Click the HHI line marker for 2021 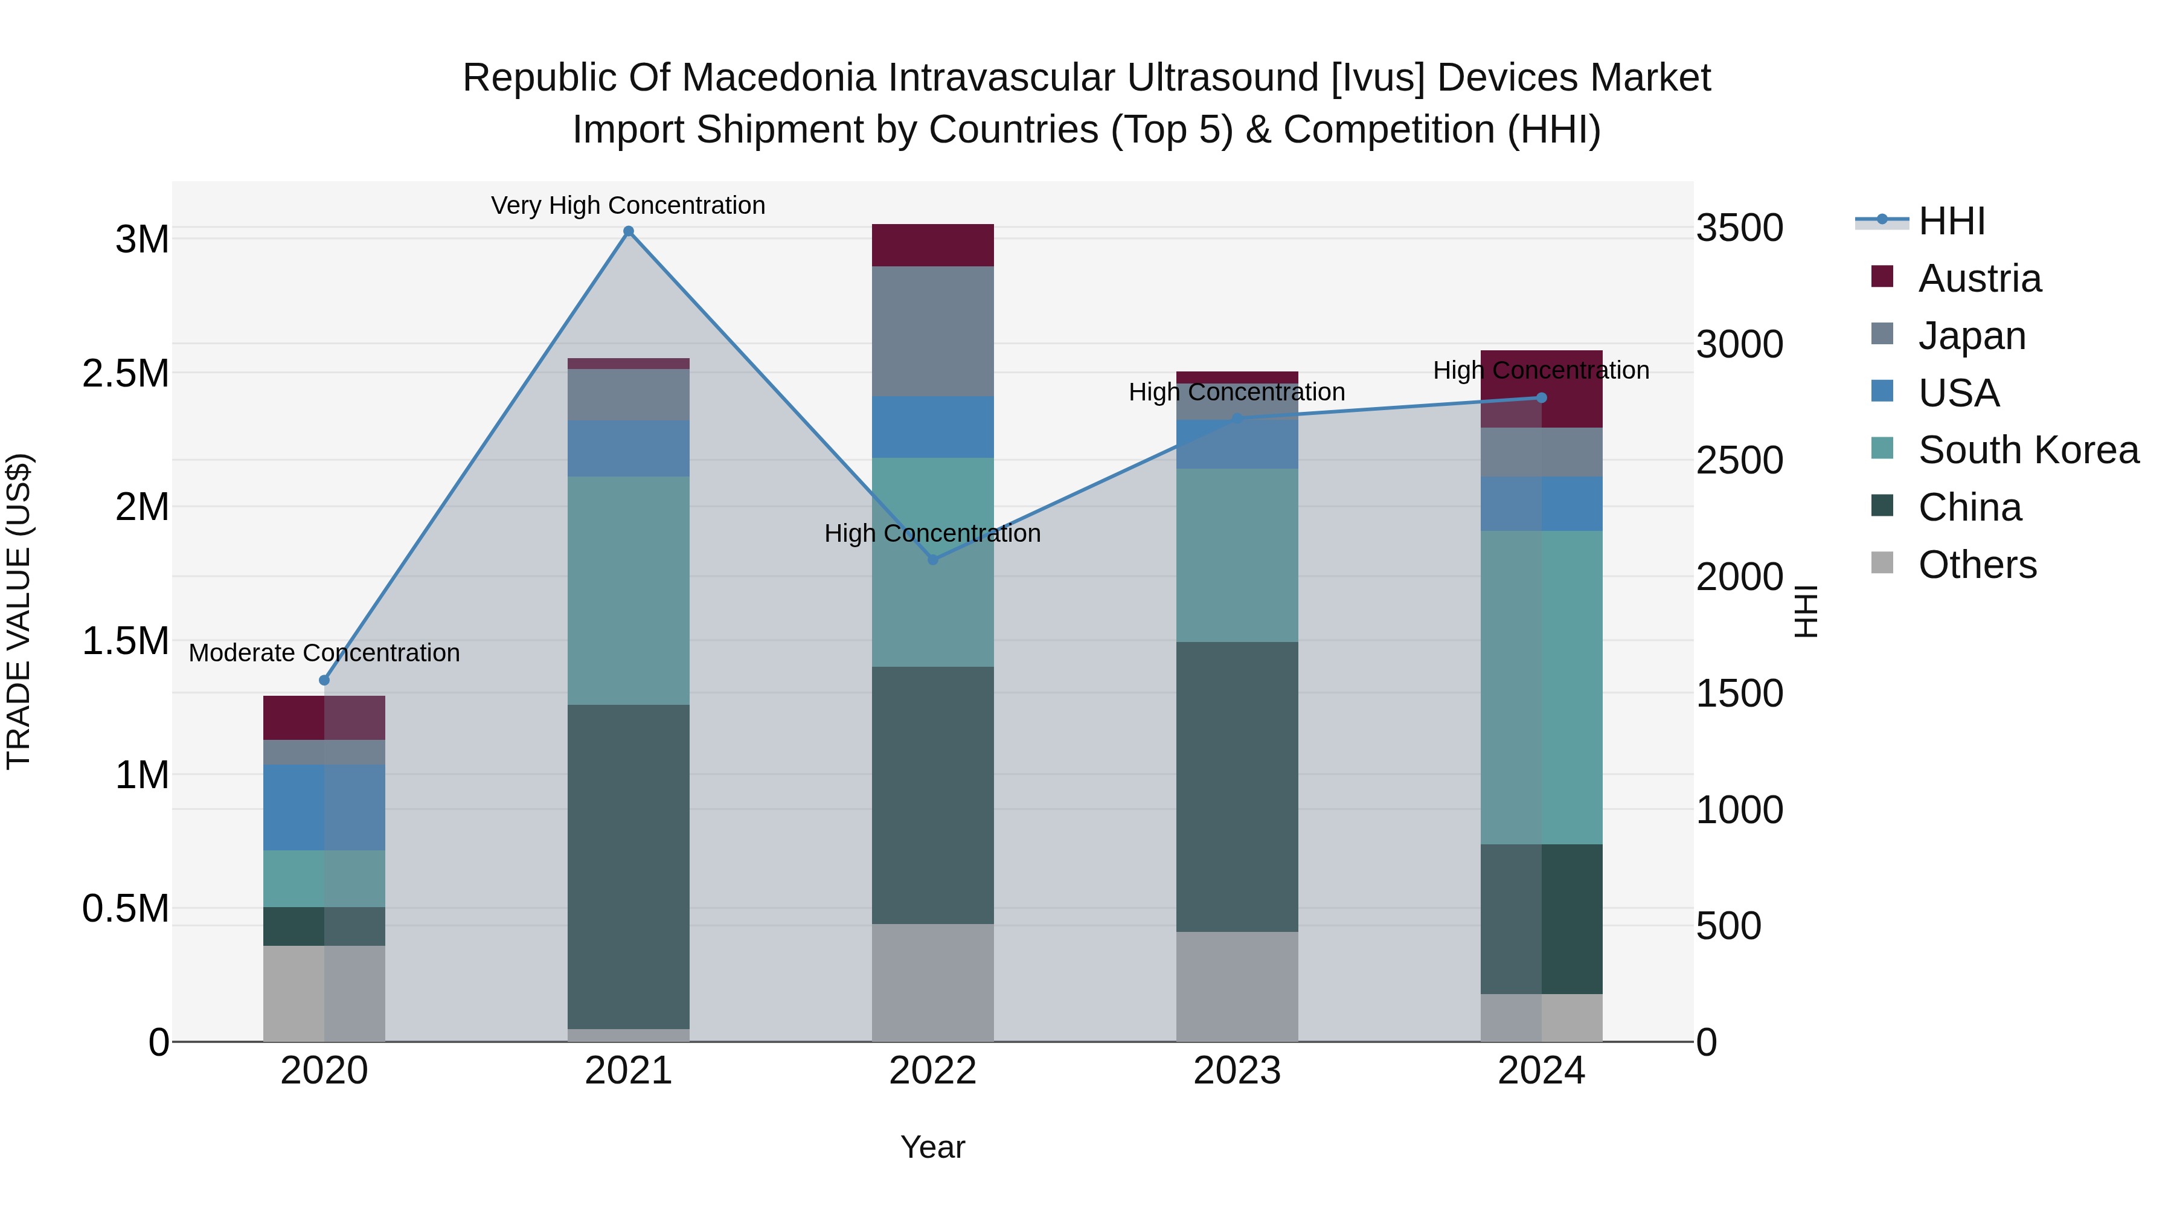[x=628, y=231]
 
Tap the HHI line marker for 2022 [x=932, y=560]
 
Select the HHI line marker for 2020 [x=324, y=680]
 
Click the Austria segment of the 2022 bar [x=932, y=246]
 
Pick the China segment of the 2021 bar [x=628, y=867]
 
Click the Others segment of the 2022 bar [x=932, y=983]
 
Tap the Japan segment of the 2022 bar [x=932, y=332]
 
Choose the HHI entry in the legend [x=1951, y=221]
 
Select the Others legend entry [x=1977, y=565]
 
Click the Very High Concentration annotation [x=628, y=205]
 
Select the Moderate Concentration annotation [x=324, y=652]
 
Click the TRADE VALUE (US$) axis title [x=19, y=611]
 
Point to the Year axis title [x=932, y=1147]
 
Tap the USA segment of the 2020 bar [x=324, y=807]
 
